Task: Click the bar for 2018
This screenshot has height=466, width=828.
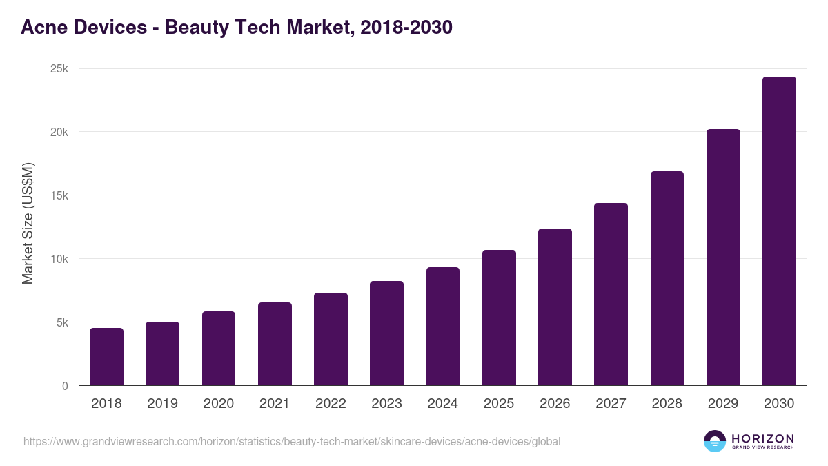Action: [x=106, y=357]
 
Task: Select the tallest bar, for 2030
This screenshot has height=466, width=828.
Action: [x=779, y=231]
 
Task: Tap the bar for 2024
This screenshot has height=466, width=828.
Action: [x=443, y=327]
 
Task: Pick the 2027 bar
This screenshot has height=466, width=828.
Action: [x=611, y=294]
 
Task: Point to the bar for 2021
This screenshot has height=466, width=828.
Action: [x=275, y=344]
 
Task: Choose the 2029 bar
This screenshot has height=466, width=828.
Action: [x=723, y=258]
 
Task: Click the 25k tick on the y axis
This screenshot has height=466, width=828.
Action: [x=59, y=69]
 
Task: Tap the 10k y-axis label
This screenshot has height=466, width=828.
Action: [x=59, y=259]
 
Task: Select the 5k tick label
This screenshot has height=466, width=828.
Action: [x=61, y=322]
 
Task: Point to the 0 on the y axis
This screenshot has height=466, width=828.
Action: [x=65, y=386]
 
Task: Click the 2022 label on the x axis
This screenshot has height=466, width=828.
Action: [x=331, y=404]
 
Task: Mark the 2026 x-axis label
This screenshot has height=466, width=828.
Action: [x=555, y=404]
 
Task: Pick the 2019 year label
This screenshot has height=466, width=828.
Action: [x=162, y=404]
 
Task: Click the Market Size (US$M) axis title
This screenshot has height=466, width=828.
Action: [x=28, y=223]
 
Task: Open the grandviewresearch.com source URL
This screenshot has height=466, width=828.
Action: [x=292, y=441]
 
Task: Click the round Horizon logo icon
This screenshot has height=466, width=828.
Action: [x=715, y=441]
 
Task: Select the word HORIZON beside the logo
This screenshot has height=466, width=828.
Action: [x=762, y=438]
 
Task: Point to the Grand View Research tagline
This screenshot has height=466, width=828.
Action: [x=762, y=447]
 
